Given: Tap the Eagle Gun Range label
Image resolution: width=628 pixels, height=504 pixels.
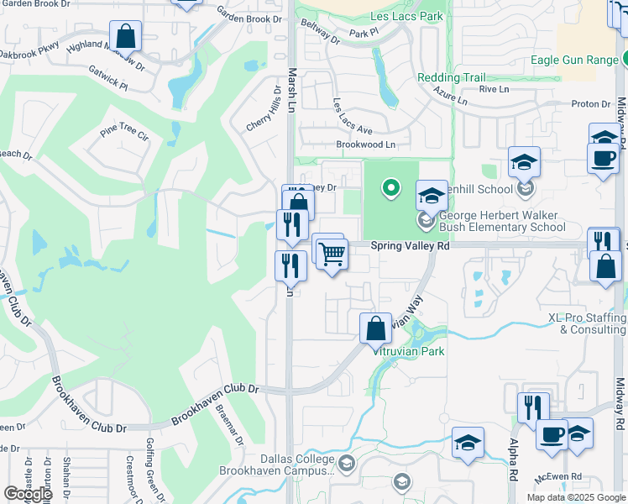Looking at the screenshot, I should click(575, 60).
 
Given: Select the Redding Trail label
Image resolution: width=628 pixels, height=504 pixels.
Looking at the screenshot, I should click(451, 77).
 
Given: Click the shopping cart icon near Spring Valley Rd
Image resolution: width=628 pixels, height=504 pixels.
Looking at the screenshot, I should click(332, 253).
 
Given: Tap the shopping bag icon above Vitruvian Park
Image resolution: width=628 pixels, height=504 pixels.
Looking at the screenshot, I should click(375, 328).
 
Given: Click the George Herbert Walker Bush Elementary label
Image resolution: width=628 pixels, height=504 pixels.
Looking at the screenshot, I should click(502, 221).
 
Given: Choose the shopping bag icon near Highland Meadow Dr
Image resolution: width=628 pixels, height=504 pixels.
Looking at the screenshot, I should click(125, 36).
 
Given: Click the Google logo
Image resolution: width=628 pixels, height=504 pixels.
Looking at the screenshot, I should click(28, 494).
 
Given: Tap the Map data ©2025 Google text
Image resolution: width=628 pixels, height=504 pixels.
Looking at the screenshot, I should click(576, 497).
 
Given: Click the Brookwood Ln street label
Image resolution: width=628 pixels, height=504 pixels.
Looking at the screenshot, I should click(365, 144).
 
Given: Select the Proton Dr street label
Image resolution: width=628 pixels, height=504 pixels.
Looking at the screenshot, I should click(591, 104).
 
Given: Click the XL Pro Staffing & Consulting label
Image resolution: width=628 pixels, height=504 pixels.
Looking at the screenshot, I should click(587, 324).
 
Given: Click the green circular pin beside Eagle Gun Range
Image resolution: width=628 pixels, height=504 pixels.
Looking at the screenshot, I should click(625, 59).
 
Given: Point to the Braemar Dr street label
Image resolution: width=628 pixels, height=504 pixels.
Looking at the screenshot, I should click(228, 428).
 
